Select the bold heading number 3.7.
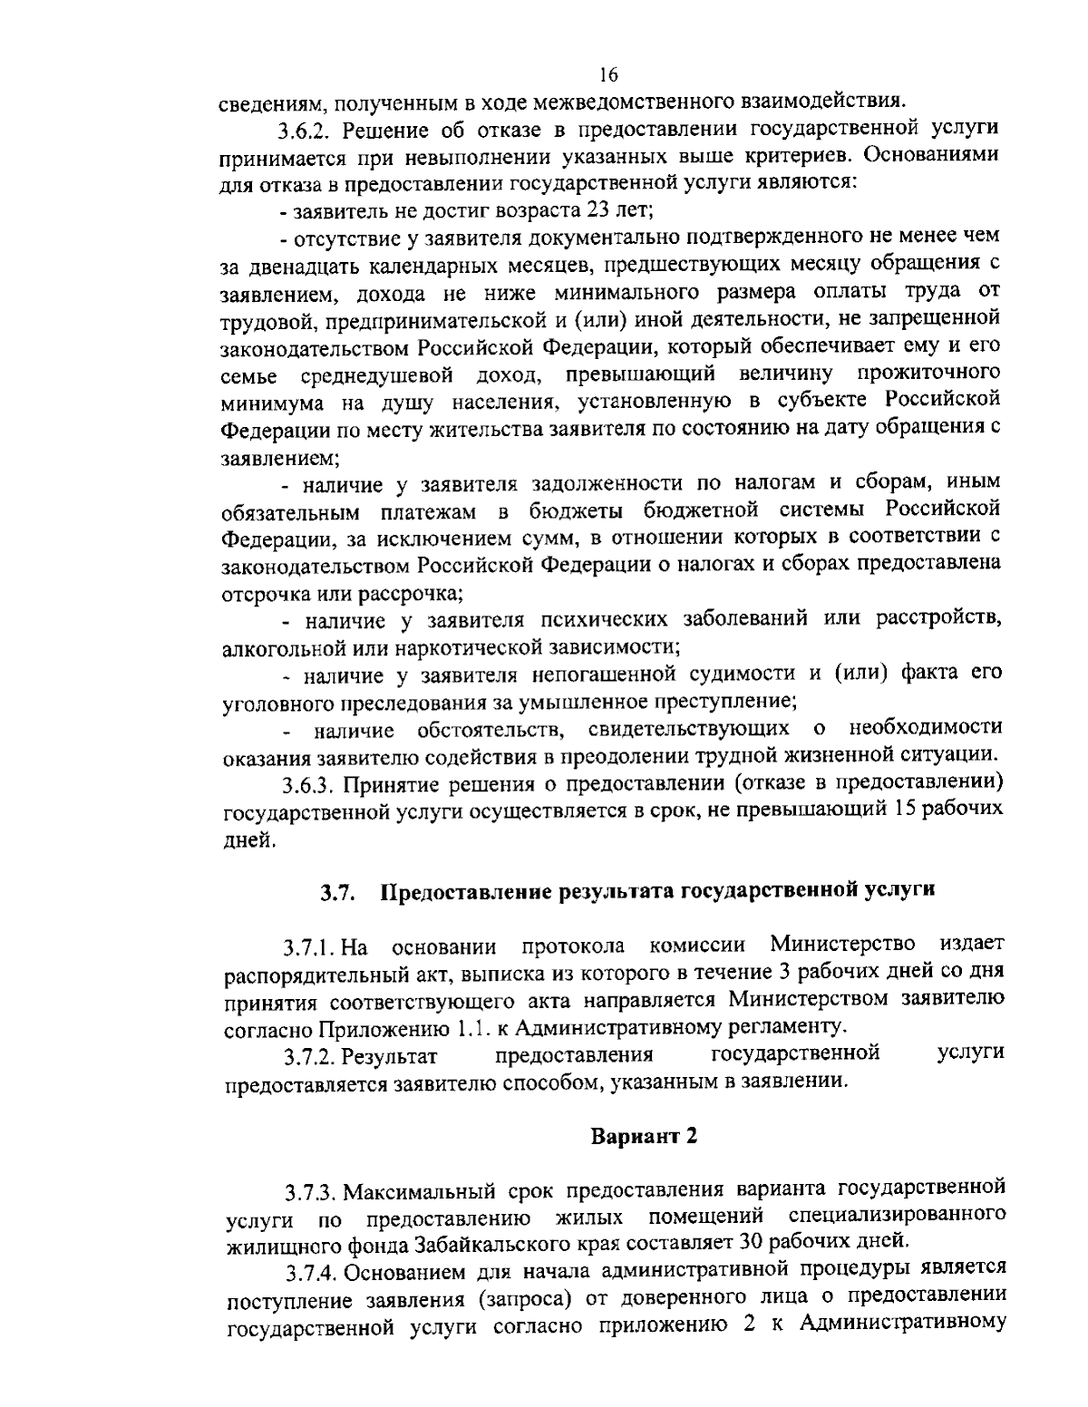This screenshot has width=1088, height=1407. pos(335,892)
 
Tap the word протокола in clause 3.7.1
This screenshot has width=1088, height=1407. pos(573,947)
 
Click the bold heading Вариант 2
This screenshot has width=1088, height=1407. pos(644,1137)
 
